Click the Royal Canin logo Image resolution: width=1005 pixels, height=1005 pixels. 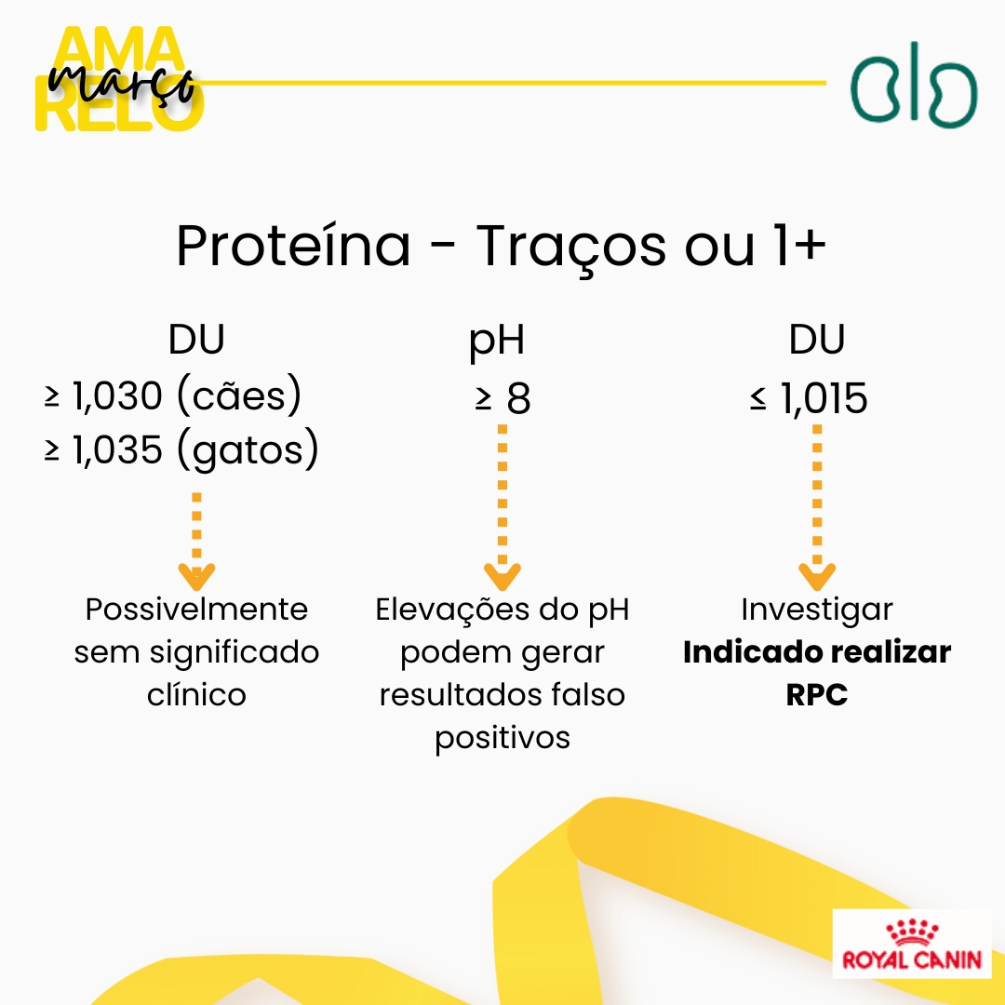[x=911, y=944]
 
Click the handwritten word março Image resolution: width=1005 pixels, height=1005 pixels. [x=122, y=84]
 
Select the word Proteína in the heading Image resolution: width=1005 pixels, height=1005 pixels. [x=293, y=246]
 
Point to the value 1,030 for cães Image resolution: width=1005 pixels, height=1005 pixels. [x=116, y=396]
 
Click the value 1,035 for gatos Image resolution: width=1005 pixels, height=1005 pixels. [x=116, y=450]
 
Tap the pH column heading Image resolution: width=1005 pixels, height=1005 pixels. [x=497, y=341]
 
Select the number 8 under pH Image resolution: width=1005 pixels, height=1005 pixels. [x=518, y=398]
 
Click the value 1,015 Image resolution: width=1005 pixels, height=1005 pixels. [x=824, y=398]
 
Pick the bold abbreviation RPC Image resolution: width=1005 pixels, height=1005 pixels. [x=817, y=695]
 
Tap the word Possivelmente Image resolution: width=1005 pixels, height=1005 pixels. [x=196, y=609]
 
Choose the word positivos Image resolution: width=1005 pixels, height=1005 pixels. [x=502, y=738]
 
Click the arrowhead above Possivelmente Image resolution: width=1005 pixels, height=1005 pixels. [x=196, y=577]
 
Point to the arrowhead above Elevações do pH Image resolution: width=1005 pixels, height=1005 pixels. [x=502, y=577]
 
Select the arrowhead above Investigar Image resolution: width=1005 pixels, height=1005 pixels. [x=817, y=577]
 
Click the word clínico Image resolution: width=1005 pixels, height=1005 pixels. [x=196, y=695]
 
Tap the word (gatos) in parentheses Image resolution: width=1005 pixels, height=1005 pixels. [x=248, y=450]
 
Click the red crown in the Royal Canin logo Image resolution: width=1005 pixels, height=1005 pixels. [x=911, y=931]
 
